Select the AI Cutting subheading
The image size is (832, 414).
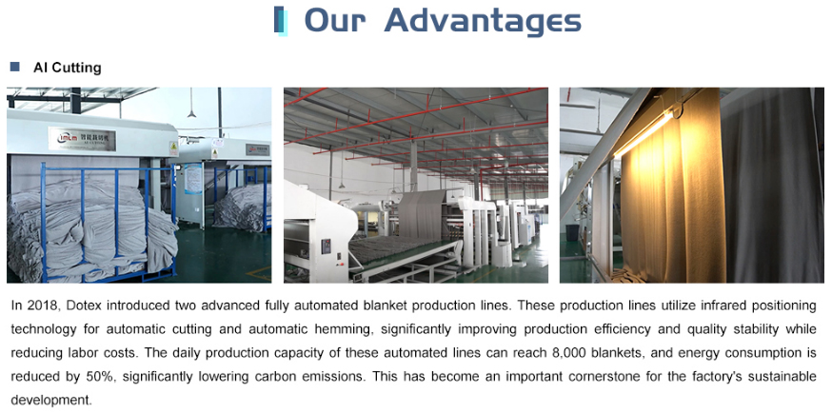point(67,68)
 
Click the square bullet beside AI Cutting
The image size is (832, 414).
point(14,67)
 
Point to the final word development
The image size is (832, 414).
point(51,400)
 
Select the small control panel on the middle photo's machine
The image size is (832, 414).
point(326,246)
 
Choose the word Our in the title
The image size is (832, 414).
point(335,20)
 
